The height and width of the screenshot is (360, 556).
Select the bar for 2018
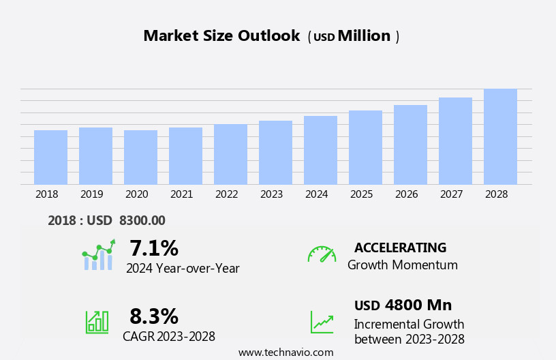(x=50, y=157)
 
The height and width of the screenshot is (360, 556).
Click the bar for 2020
(x=140, y=157)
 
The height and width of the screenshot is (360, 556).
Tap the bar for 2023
(x=275, y=152)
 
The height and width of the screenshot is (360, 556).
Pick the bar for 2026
(x=410, y=145)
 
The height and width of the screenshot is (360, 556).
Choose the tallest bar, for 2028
(x=500, y=136)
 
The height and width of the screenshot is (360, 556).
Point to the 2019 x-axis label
(x=91, y=194)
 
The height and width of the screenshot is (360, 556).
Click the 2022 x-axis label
(x=226, y=194)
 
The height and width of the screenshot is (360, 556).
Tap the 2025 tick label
(x=361, y=194)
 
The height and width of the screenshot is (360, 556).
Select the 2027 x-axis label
(x=451, y=194)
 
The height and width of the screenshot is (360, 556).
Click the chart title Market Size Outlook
(x=221, y=36)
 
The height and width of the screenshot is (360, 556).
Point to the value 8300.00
(x=142, y=220)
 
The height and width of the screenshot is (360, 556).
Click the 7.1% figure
(x=154, y=248)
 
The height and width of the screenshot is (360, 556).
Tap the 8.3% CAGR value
(x=154, y=316)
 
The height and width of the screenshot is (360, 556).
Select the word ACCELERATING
(x=400, y=247)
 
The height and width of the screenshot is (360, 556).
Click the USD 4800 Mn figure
(x=403, y=305)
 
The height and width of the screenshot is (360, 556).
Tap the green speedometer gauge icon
(x=322, y=254)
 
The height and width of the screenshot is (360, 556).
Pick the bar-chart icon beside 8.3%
(x=97, y=321)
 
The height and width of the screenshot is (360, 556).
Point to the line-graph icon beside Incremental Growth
(x=322, y=322)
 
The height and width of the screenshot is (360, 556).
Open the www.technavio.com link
(x=285, y=352)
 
